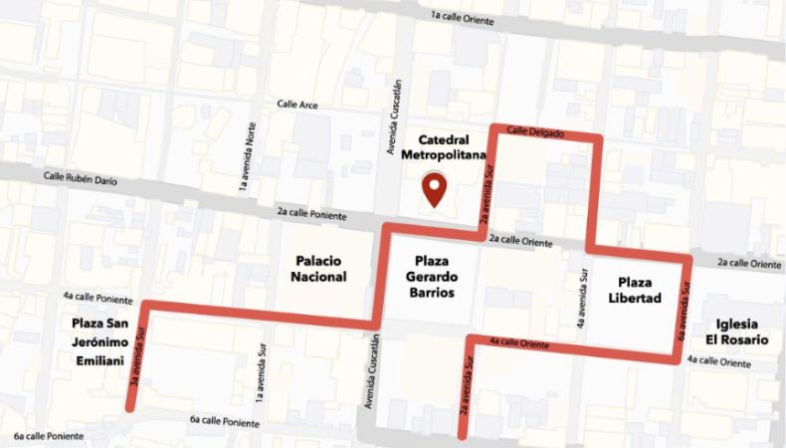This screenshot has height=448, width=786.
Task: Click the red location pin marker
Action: click(433, 187)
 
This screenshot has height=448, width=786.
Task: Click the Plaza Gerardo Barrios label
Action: click(430, 277)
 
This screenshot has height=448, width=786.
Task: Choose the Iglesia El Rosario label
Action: click(742, 332)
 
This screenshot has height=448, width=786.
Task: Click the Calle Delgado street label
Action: click(533, 130)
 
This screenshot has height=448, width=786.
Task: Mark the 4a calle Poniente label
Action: click(97, 297)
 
